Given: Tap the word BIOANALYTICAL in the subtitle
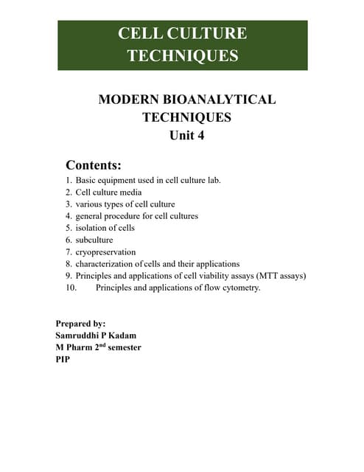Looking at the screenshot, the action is click(x=221, y=99).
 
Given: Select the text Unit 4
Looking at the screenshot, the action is click(x=182, y=135).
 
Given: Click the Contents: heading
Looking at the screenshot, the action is click(x=94, y=164).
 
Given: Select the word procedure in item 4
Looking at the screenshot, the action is click(x=129, y=216).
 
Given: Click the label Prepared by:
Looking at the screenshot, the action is click(x=80, y=323).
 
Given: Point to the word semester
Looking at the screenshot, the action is click(x=120, y=347).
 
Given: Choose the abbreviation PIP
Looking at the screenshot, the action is click(x=63, y=358).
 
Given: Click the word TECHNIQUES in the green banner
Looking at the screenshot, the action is click(x=182, y=55).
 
